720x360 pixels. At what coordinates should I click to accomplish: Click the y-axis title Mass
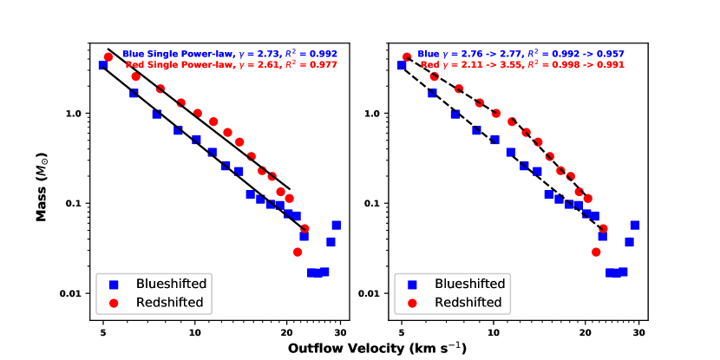click(x=41, y=178)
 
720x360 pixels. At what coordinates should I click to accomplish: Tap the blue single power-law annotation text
click(x=229, y=53)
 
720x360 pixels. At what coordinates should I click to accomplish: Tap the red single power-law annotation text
click(x=231, y=64)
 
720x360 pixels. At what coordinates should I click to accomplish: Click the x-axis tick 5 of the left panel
click(x=103, y=331)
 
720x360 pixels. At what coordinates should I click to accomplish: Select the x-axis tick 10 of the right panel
click(x=494, y=331)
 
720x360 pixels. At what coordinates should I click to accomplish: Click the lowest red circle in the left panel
click(x=298, y=252)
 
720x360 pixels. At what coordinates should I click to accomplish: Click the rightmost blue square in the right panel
click(x=635, y=226)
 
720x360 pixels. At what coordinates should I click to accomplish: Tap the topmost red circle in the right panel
click(x=407, y=57)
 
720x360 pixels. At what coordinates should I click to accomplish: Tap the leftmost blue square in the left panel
click(x=103, y=65)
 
